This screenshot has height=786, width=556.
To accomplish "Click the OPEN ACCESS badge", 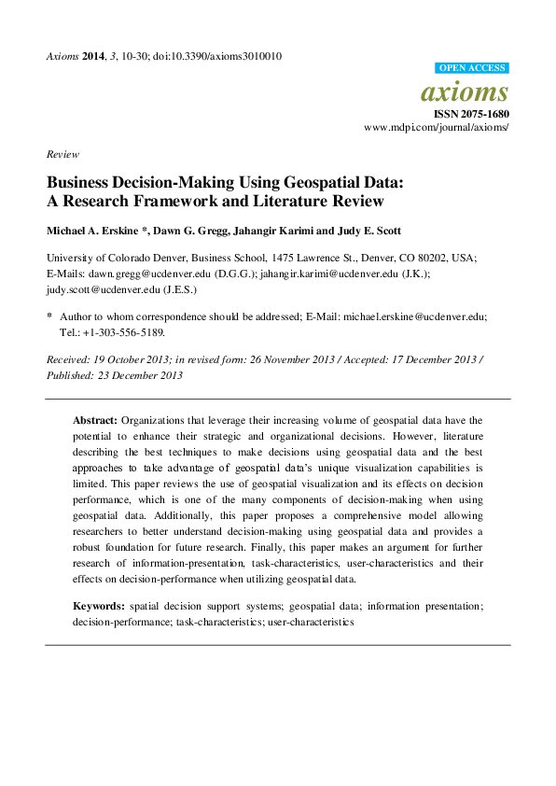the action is (x=472, y=68).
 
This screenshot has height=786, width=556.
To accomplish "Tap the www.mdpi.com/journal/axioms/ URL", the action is (x=437, y=126).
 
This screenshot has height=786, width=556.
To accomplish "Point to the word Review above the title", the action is (x=63, y=154).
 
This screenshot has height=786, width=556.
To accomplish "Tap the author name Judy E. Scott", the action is (x=350, y=231).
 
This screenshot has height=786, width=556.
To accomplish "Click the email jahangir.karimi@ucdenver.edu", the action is (x=323, y=275).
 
